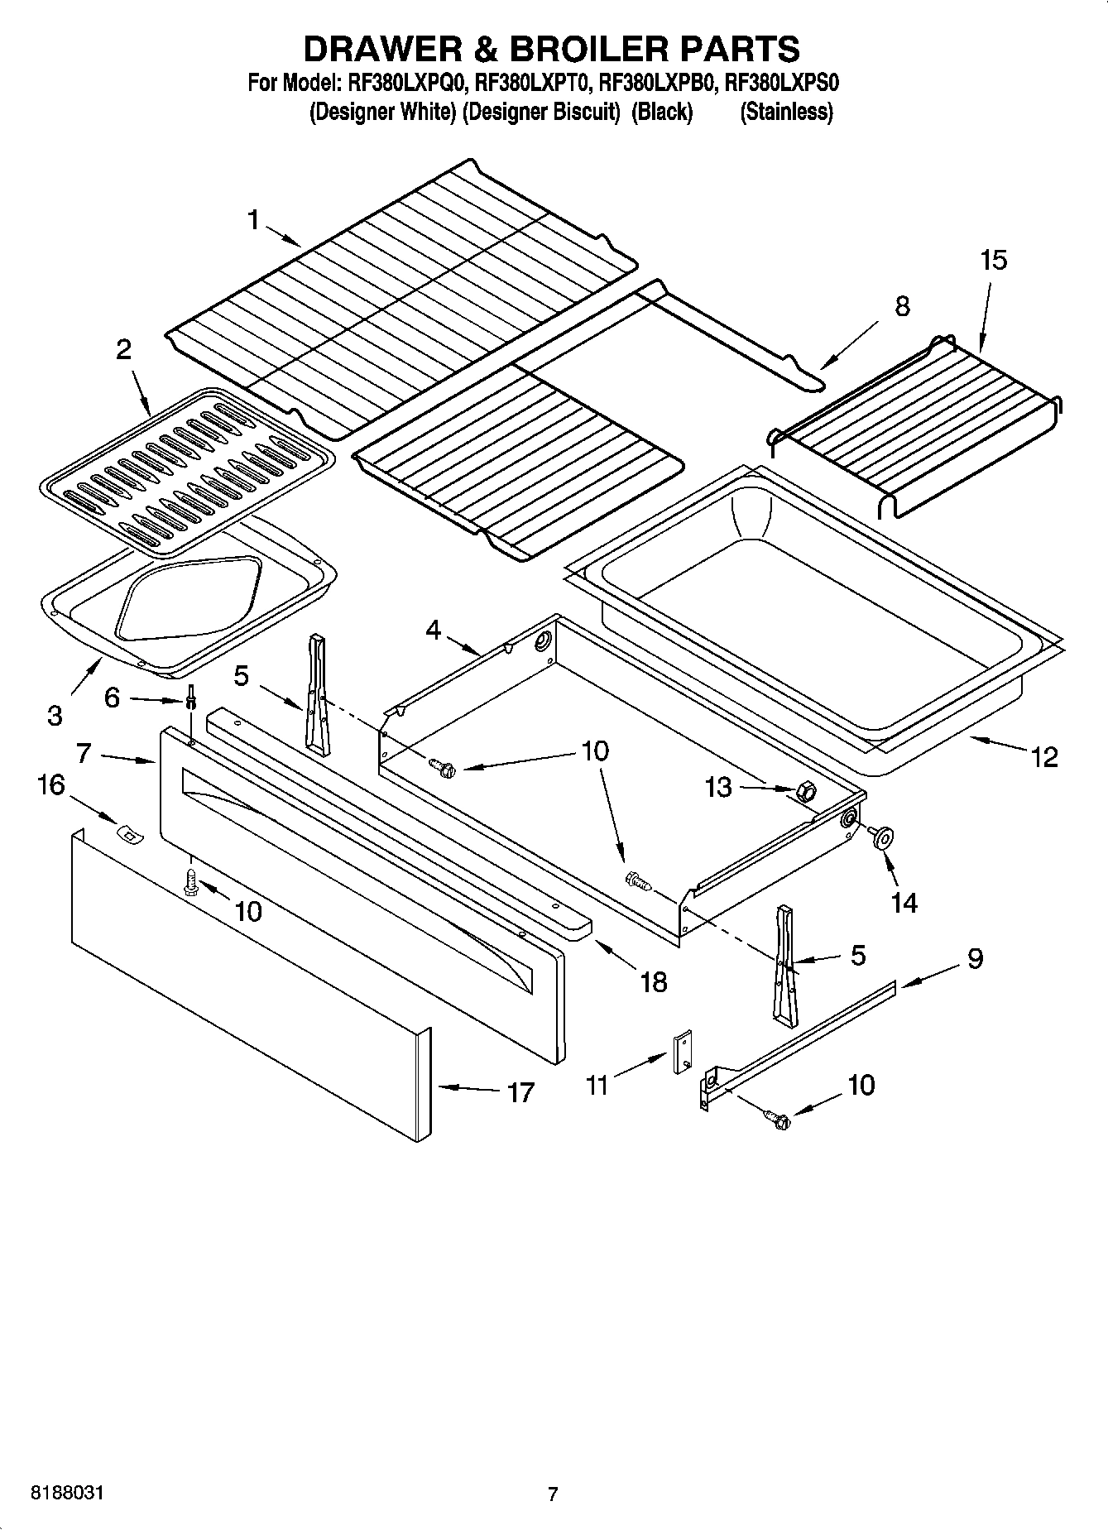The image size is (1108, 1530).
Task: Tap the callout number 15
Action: (x=993, y=260)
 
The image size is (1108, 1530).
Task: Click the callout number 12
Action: (x=1045, y=756)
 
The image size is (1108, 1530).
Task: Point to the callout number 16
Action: (x=51, y=784)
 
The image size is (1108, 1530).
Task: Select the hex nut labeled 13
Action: (x=803, y=792)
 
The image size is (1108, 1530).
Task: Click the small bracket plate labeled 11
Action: (x=684, y=1052)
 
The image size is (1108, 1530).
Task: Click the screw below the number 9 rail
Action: (x=779, y=1120)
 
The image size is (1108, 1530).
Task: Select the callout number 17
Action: (x=520, y=1092)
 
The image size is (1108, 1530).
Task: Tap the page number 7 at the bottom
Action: (x=553, y=1494)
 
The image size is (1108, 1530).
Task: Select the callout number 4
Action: (x=434, y=631)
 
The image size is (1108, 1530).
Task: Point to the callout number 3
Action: (x=55, y=715)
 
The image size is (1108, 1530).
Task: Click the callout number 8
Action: (x=902, y=306)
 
